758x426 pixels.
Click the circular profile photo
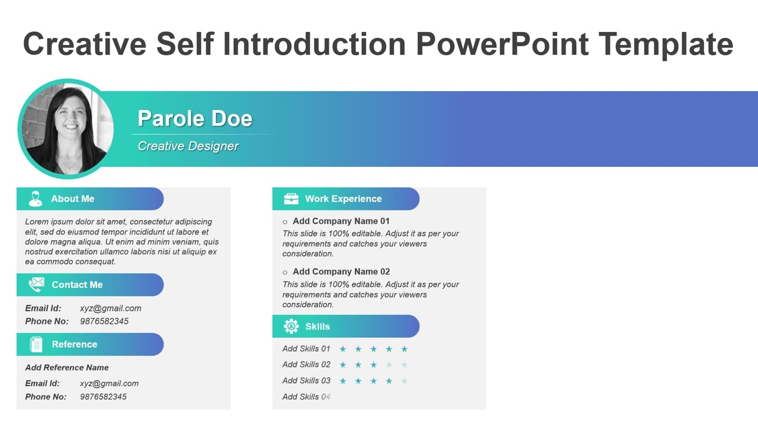[x=66, y=129]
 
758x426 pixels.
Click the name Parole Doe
[x=195, y=118]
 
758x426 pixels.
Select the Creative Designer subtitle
[x=188, y=146]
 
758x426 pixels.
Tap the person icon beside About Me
[x=36, y=199]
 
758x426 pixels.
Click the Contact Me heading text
[x=77, y=285]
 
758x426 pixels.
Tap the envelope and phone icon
[x=36, y=285]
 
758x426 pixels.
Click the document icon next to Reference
[x=36, y=344]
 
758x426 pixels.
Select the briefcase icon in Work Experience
[x=291, y=199]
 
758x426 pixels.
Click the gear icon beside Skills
[x=291, y=327]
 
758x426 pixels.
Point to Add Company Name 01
[x=341, y=221]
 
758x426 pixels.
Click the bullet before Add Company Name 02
[x=285, y=272]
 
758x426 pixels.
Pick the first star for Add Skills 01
[x=343, y=349]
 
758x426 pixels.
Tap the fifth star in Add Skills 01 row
[x=404, y=349]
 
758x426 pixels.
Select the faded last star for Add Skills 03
[x=404, y=381]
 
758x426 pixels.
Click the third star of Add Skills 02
[x=374, y=365]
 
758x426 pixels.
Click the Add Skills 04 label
[x=306, y=397]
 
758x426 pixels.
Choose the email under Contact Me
[x=110, y=308]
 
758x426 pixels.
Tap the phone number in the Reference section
[x=103, y=397]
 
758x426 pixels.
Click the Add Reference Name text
[x=67, y=367]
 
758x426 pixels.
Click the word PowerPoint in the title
[x=502, y=44]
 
